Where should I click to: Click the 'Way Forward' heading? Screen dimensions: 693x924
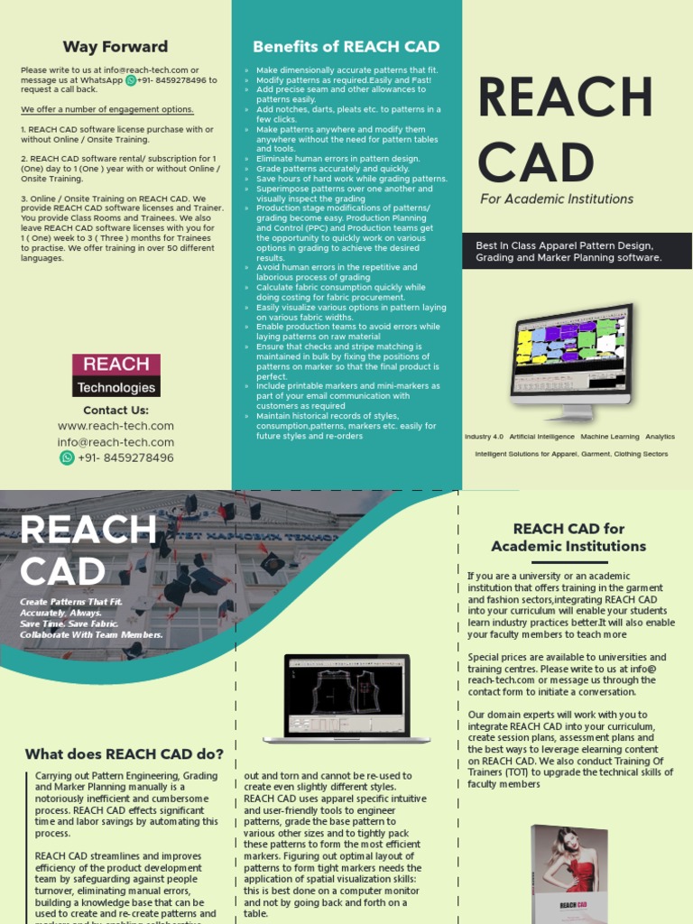(115, 47)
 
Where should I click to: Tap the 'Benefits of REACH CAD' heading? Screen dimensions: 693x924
(346, 47)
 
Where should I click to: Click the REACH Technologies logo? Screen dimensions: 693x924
(116, 375)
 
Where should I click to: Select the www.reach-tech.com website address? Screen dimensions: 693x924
(115, 426)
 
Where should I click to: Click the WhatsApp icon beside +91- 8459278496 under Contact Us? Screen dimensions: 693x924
(67, 457)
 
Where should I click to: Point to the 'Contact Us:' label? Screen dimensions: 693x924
(115, 410)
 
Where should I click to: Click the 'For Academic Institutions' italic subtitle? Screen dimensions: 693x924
(557, 199)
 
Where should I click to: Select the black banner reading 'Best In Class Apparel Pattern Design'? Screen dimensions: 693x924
(577, 252)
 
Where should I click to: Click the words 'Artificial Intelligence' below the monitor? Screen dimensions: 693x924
(541, 437)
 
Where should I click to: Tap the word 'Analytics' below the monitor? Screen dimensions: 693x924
(660, 437)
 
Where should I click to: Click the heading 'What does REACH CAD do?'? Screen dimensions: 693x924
(125, 754)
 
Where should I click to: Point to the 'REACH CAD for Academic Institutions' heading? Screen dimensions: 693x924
(568, 537)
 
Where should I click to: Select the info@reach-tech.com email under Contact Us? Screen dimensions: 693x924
(115, 442)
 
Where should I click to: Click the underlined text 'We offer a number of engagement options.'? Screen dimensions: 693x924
(107, 109)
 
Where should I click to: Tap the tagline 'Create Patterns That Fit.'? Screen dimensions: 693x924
(71, 602)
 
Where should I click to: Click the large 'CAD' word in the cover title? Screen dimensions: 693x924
(536, 162)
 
